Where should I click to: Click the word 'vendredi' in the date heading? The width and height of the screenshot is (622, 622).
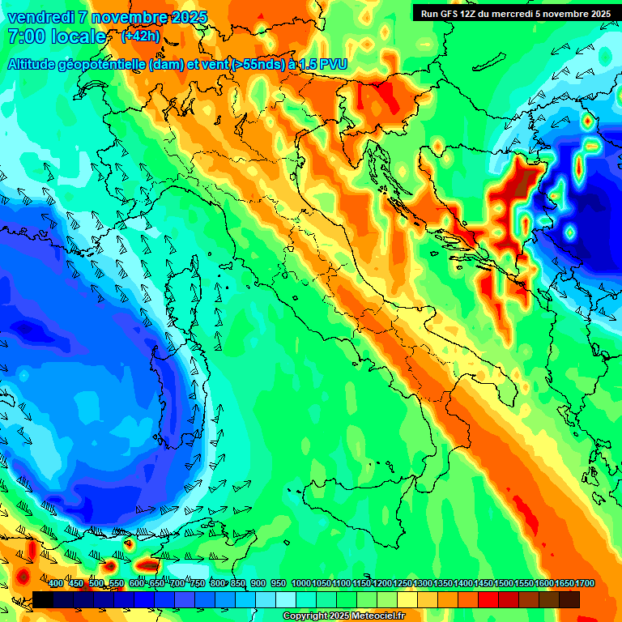(40, 17)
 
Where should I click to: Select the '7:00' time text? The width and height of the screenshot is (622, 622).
(24, 36)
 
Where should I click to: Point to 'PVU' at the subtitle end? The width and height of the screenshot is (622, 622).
(330, 64)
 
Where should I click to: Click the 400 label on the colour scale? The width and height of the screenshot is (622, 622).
(56, 584)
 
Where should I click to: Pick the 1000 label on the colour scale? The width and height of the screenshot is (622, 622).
(300, 584)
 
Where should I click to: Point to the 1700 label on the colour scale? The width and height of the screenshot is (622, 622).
(564, 584)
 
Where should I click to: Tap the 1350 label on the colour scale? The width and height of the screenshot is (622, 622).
(442, 584)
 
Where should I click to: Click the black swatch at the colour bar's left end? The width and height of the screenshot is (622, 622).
(43, 600)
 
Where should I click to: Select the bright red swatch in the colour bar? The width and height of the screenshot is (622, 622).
(488, 600)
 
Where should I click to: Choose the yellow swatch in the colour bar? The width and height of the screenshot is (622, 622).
(407, 600)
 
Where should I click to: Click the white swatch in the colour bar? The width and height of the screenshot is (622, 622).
(286, 600)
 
